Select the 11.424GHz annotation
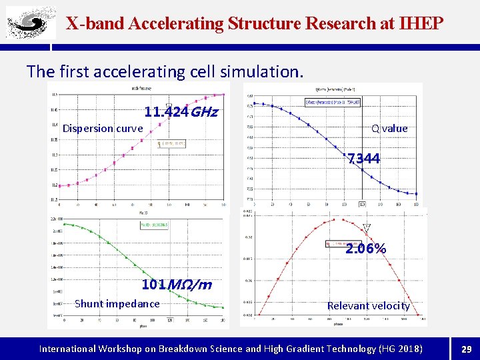click(181, 112)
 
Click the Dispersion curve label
click(103, 128)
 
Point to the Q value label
click(389, 128)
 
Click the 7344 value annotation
click(364, 159)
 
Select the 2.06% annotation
click(365, 249)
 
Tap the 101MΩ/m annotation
click(177, 285)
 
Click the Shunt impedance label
click(117, 304)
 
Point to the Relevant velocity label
click(368, 305)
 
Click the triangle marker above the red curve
click(366, 227)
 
